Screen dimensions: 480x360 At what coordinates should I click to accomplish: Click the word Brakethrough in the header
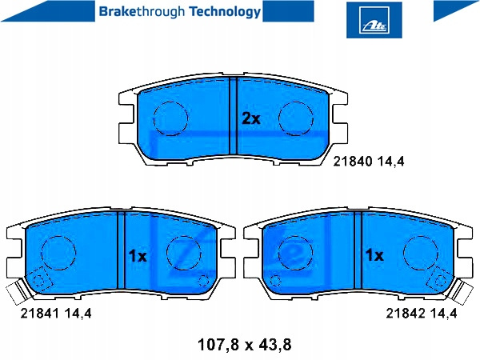coord(142,12)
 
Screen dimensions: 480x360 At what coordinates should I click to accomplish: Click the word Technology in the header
coord(225,12)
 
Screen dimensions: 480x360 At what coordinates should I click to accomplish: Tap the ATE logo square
coord(374,20)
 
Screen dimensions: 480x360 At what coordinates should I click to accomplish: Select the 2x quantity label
coord(251,118)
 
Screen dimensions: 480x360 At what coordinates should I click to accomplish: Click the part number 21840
coord(352,161)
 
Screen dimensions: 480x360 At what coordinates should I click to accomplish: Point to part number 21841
coord(39,313)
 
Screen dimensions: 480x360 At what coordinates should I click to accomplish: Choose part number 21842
coord(406,313)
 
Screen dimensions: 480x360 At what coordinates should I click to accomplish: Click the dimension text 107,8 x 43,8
coord(245,345)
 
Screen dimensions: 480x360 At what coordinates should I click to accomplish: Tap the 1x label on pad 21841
coord(138,256)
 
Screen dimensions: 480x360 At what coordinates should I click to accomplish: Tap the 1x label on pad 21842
coord(374,254)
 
